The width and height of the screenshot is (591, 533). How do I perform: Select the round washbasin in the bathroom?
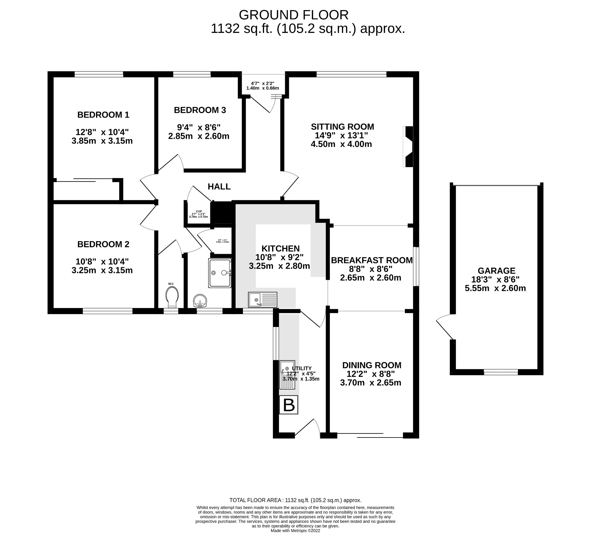tap(200, 300)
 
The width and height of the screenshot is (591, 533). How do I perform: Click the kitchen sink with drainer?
tap(262, 299)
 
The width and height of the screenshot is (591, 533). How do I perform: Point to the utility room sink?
tap(287, 375)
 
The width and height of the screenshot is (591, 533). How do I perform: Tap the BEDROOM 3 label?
tap(200, 110)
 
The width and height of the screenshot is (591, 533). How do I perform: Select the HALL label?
tap(219, 186)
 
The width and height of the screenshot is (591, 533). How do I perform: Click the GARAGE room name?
tap(496, 271)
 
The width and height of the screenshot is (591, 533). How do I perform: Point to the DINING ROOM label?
tap(372, 365)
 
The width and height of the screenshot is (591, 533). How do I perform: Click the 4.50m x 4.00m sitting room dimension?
tap(341, 144)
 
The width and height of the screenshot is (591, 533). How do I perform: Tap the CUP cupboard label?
tap(199, 211)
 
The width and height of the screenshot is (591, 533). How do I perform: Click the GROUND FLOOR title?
tap(293, 15)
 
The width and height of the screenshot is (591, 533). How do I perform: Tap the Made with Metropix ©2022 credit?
tap(295, 530)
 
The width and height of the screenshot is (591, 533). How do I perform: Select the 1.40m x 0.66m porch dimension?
tap(262, 88)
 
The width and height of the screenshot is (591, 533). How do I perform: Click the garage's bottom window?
tap(500, 372)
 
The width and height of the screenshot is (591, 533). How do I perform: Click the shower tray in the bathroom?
tap(220, 273)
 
